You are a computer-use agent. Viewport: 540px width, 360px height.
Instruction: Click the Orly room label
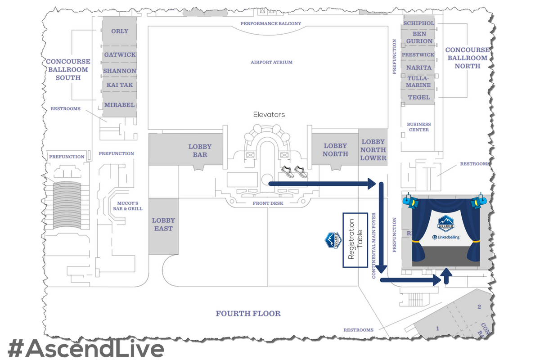[119, 31]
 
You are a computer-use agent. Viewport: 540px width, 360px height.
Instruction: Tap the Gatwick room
[119, 54]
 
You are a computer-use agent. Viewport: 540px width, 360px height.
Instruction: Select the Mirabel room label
[119, 105]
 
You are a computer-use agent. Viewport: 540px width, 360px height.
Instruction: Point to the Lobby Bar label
[200, 150]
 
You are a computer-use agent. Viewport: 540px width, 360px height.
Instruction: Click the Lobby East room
[163, 224]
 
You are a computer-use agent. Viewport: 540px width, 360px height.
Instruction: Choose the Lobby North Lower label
[373, 150]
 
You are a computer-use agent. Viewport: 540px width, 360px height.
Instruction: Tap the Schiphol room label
[418, 23]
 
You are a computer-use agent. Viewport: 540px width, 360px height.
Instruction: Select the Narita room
[419, 67]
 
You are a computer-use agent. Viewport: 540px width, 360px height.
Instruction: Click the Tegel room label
[419, 97]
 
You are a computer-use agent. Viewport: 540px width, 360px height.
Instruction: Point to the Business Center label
[419, 127]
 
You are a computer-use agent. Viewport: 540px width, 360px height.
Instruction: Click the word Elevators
[269, 115]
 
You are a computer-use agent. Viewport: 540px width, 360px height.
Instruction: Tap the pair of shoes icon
[293, 171]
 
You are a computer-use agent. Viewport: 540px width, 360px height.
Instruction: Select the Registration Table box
[355, 240]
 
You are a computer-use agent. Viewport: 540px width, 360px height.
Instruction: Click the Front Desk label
[268, 203]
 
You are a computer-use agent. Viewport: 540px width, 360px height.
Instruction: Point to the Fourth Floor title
[248, 314]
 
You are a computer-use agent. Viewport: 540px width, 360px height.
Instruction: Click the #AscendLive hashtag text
[85, 349]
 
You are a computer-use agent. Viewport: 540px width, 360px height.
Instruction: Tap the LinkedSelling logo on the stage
[445, 237]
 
